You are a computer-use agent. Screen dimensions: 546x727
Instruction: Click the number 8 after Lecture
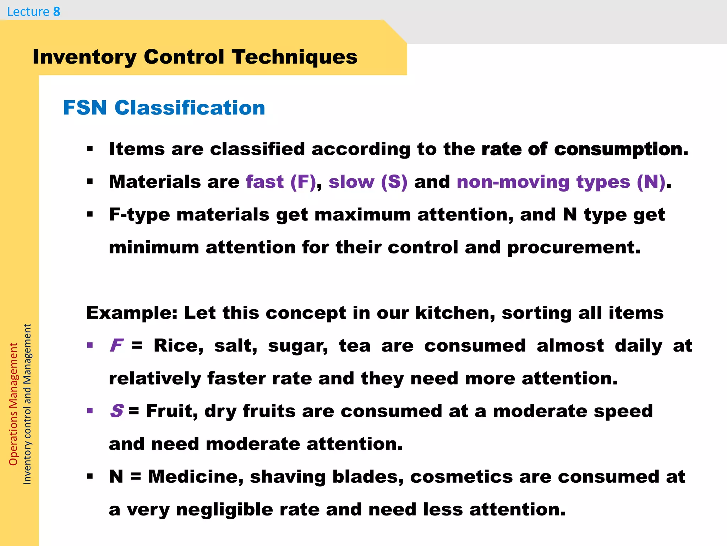click(x=56, y=12)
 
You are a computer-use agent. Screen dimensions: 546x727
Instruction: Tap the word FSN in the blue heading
click(x=85, y=108)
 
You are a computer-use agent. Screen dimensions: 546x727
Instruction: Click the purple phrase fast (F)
click(x=280, y=182)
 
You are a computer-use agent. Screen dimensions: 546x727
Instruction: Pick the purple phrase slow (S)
click(x=368, y=182)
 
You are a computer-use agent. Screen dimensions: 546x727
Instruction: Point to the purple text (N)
click(x=651, y=182)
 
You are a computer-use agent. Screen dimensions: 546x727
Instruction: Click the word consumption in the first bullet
click(x=621, y=149)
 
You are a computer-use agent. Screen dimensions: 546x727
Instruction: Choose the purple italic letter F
click(x=116, y=346)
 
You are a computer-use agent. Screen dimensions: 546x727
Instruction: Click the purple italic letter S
click(x=116, y=411)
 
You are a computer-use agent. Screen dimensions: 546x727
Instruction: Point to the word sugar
click(x=298, y=346)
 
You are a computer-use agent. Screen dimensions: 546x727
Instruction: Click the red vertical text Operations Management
click(x=13, y=404)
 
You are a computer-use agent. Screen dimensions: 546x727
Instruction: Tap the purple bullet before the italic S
click(x=90, y=411)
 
